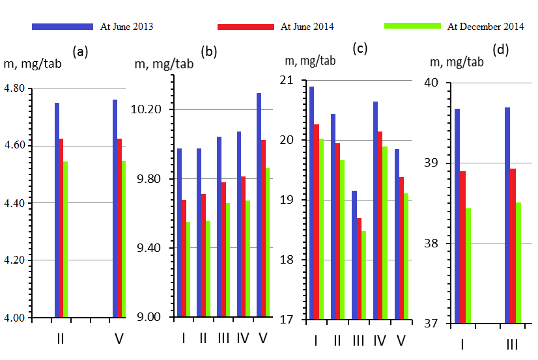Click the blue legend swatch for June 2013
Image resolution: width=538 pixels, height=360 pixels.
click(x=62, y=27)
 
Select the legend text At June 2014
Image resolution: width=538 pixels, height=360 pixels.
click(x=307, y=27)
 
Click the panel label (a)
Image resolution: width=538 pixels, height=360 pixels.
click(x=80, y=51)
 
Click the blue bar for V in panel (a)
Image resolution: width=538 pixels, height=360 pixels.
click(x=115, y=208)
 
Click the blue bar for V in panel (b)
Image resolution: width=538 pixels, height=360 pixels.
click(x=259, y=205)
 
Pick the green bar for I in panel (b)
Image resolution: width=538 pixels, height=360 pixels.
click(x=188, y=270)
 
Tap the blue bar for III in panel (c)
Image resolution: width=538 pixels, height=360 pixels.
click(x=355, y=255)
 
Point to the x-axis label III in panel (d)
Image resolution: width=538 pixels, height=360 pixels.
click(x=513, y=343)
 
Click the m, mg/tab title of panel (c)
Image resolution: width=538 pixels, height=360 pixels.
click(x=311, y=61)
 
